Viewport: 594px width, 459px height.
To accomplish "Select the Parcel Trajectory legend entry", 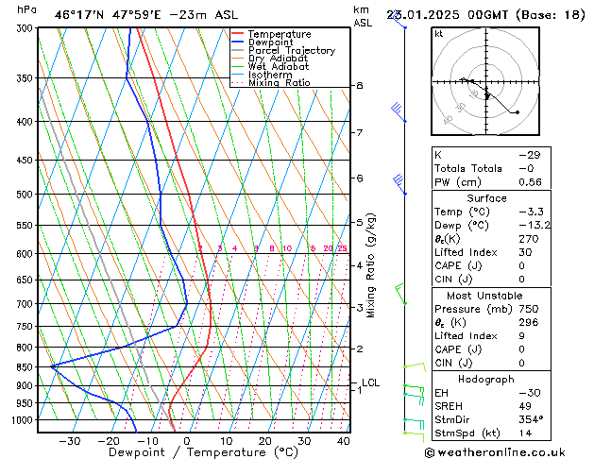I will (x=291, y=51).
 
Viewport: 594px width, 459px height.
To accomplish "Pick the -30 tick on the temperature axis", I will (x=69, y=441).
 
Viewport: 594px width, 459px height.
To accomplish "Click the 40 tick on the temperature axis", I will (x=344, y=441).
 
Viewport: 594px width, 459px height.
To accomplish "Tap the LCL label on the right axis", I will (x=370, y=382).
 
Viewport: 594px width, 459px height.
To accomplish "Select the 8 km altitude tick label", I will (x=360, y=86).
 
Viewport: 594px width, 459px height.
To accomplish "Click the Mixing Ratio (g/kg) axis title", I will (x=372, y=265).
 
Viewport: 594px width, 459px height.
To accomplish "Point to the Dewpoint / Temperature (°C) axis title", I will (x=191, y=453).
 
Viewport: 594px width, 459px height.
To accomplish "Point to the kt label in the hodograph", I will (x=439, y=34).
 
